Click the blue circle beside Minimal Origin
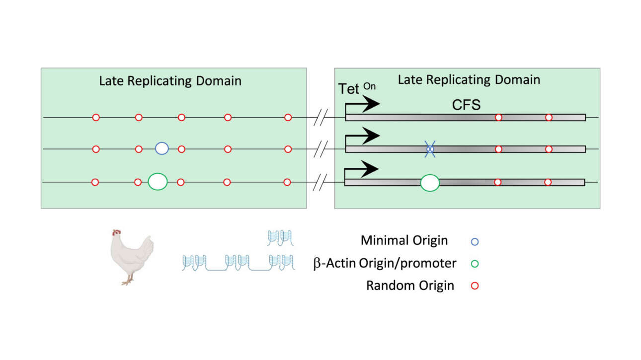click(475, 242)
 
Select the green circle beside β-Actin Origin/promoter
click(475, 264)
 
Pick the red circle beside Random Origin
click(475, 286)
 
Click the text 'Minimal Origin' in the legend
click(404, 241)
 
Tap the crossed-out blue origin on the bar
click(430, 149)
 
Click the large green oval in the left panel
click(158, 182)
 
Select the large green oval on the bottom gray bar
click(430, 183)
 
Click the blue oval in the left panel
click(161, 148)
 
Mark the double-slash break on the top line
click(322, 118)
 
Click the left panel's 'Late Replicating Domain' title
click(170, 81)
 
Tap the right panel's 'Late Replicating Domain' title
click(469, 79)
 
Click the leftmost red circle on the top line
click(96, 118)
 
